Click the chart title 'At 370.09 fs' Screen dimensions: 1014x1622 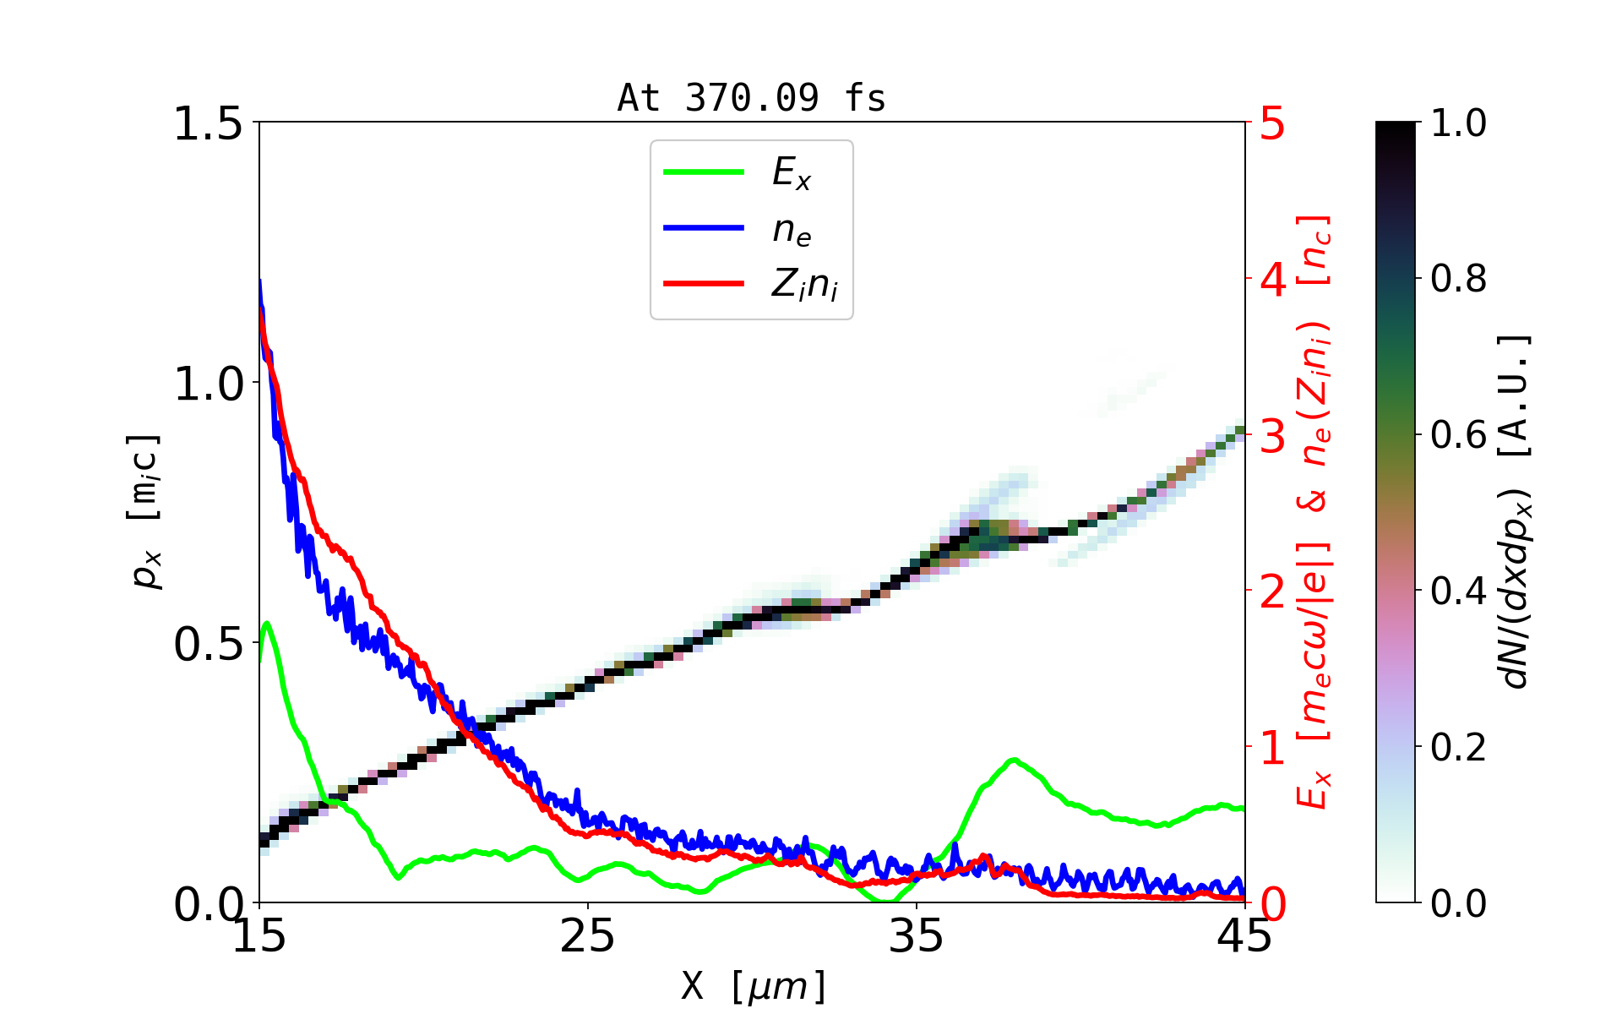[751, 98]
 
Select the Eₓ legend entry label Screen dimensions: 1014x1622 [792, 173]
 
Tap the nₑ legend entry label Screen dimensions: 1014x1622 [792, 230]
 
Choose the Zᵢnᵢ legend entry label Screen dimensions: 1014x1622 [804, 286]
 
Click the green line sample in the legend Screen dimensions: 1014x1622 [703, 172]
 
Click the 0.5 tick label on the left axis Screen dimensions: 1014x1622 [208, 645]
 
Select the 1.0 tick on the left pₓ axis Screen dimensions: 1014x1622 [208, 384]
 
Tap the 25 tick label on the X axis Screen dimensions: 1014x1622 [588, 936]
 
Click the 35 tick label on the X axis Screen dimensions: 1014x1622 [917, 936]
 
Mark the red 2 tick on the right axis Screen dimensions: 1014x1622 [1273, 591]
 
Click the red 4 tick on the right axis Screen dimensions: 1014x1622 [1273, 280]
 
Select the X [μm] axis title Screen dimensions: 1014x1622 [754, 985]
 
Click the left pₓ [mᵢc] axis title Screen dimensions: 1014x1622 [146, 511]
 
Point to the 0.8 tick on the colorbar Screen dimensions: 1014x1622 [1459, 279]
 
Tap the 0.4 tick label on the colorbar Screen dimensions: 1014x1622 [1459, 591]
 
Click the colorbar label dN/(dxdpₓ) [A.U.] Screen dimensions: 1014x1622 [1516, 511]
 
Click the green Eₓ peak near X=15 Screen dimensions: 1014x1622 [267, 624]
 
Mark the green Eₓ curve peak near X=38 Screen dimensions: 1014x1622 [1013, 760]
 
